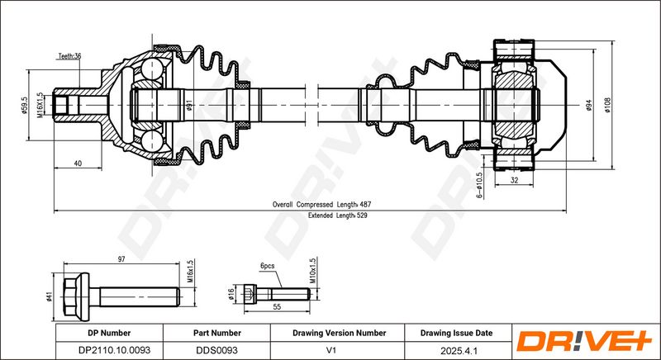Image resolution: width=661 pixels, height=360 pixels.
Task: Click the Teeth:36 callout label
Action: click(x=69, y=56)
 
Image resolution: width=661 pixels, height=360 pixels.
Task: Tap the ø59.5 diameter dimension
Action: click(x=25, y=105)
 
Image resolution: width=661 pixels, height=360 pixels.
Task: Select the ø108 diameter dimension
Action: click(x=607, y=105)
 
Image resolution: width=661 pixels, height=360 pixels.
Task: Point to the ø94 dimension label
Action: click(x=589, y=105)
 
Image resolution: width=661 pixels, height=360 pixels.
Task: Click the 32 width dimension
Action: click(x=514, y=180)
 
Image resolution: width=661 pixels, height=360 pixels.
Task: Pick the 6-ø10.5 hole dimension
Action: click(x=478, y=185)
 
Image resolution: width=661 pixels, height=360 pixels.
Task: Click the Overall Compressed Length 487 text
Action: click(x=321, y=205)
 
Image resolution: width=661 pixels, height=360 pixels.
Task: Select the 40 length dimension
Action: click(x=78, y=163)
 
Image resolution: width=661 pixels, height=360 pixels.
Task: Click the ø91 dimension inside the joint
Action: click(x=189, y=105)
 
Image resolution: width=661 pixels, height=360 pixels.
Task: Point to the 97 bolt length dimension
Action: click(x=121, y=259)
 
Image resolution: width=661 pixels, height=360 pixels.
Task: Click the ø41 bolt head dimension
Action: click(x=50, y=297)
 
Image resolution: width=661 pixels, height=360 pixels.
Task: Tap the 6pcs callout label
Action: click(x=267, y=266)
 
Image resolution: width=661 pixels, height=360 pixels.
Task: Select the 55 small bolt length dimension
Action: click(x=277, y=307)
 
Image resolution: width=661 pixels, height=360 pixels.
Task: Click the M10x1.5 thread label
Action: click(x=313, y=270)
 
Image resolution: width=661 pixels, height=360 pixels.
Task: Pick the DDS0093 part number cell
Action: click(x=217, y=350)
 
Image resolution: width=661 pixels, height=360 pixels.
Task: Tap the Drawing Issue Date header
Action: click(x=456, y=333)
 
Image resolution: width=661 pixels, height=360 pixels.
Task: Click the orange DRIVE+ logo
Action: click(x=584, y=342)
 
